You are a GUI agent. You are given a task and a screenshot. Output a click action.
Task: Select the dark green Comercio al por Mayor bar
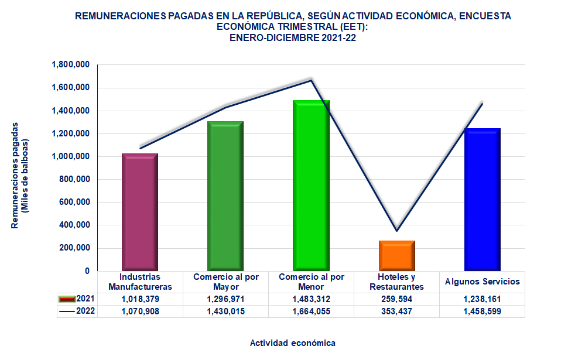[225, 196]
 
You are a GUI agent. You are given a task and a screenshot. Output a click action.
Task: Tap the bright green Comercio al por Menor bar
[311, 186]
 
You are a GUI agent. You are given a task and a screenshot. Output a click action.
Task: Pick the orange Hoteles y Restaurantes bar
[397, 255]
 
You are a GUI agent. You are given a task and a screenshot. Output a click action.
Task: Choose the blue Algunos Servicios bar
[483, 199]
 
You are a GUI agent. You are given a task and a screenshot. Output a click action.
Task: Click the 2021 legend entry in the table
[78, 299]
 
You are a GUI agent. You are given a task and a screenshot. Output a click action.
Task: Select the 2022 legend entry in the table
[78, 311]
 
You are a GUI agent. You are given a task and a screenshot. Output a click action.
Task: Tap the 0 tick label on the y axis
[86, 271]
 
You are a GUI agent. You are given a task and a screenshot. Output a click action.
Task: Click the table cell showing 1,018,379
[140, 299]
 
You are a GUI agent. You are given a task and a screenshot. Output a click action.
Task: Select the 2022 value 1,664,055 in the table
[311, 311]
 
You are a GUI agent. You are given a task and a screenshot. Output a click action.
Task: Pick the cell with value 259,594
[397, 299]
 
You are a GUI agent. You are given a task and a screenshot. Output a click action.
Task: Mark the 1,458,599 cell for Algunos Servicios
[483, 311]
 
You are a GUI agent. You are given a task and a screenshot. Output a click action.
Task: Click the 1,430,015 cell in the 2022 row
[225, 311]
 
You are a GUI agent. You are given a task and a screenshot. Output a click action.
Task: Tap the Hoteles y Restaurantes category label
[397, 282]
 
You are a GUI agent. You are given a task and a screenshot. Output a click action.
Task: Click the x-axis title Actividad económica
[292, 342]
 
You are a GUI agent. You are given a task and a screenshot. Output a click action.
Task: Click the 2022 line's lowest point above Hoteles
[397, 231]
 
